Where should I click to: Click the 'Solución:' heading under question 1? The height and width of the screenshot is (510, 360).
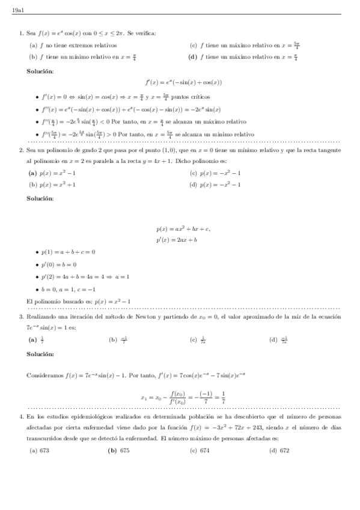tap(40, 71)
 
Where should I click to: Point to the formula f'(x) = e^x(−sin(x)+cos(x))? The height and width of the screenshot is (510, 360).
tap(184, 82)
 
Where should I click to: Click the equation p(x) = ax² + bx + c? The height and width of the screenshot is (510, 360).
tap(183, 229)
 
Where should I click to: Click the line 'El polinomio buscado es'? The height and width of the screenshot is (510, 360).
tap(79, 301)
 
